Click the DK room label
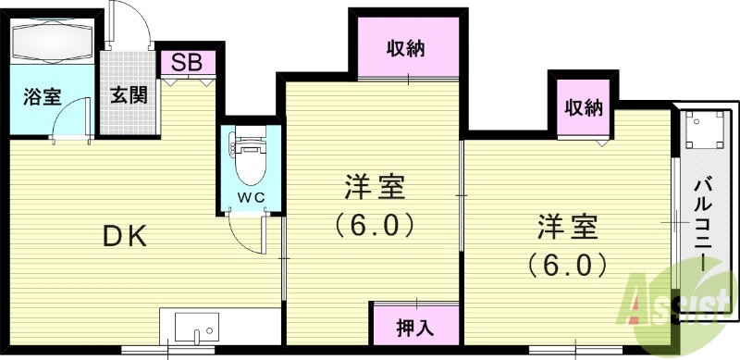click(x=124, y=236)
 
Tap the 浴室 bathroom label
click(x=43, y=94)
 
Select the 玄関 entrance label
click(x=128, y=94)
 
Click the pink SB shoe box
click(x=189, y=62)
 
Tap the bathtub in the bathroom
click(x=52, y=43)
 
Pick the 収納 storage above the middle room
click(x=405, y=49)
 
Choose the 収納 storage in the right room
click(x=584, y=107)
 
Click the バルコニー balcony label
click(x=705, y=219)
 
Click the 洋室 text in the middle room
click(x=374, y=188)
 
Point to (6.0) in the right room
click(x=567, y=265)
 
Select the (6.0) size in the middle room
click(x=374, y=225)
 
